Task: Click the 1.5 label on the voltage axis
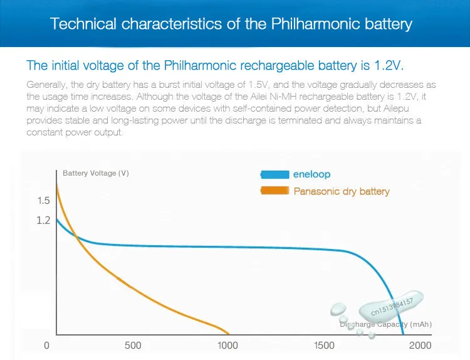tap(43, 201)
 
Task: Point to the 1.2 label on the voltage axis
tap(43, 220)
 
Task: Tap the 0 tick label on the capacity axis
tap(46, 346)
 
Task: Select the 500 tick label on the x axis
tap(133, 346)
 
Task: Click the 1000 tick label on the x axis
tap(229, 346)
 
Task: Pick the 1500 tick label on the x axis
tap(324, 346)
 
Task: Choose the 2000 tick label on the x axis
tap(420, 346)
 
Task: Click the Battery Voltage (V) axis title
tap(96, 173)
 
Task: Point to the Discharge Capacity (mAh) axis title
tap(386, 324)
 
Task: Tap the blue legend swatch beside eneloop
tap(274, 174)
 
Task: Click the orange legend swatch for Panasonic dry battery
tap(274, 191)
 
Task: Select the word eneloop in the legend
tap(311, 174)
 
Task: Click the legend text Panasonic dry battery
tap(342, 191)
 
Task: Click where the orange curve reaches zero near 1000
tap(228, 334)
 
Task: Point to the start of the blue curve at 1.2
tap(58, 220)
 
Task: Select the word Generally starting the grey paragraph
tap(45, 84)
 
